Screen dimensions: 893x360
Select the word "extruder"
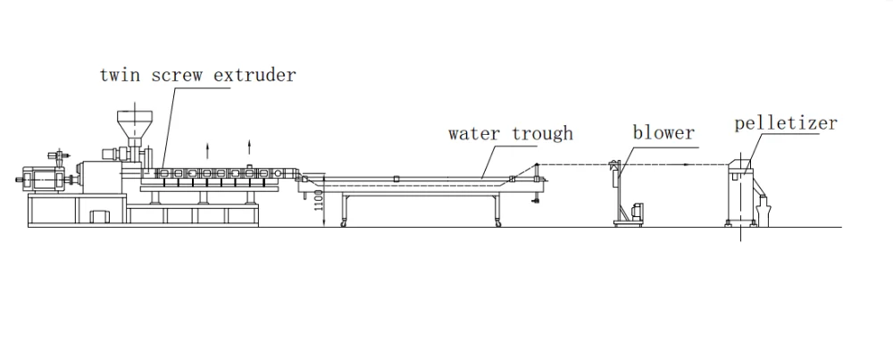256,76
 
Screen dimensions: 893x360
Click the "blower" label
663,133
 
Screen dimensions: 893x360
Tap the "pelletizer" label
786,122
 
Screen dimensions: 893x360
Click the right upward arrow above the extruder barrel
249,145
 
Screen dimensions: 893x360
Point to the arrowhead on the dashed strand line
683,164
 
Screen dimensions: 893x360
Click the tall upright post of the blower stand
617,192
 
